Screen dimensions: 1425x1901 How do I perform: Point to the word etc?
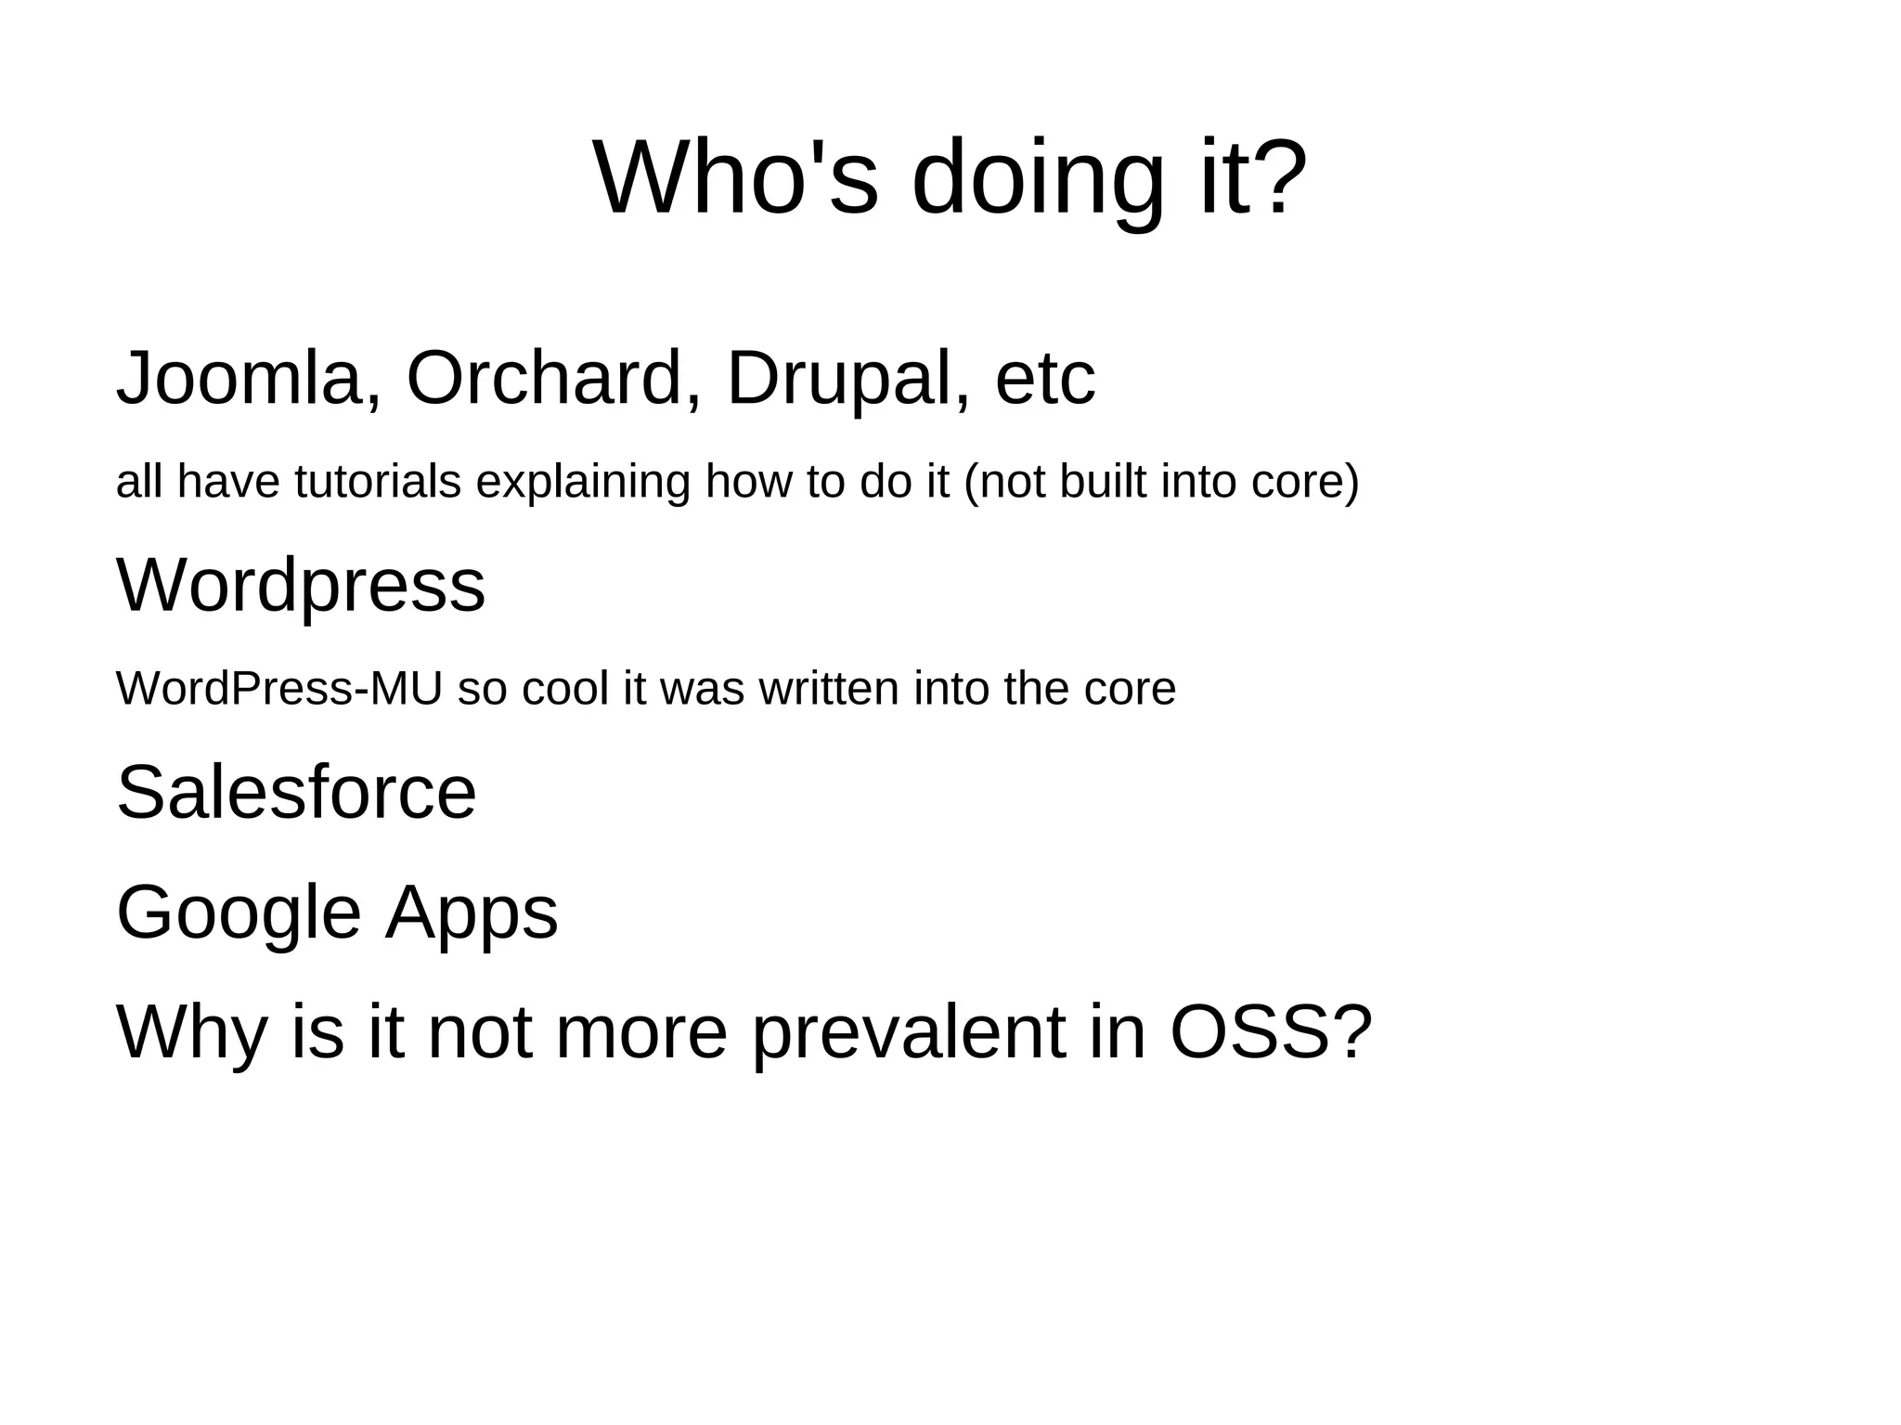(x=1045, y=379)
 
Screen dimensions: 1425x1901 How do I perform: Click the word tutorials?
(x=378, y=482)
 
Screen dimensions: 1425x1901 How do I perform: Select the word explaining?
(x=583, y=482)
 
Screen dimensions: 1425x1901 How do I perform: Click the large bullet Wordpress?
(x=301, y=586)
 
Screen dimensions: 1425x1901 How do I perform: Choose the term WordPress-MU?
(x=278, y=689)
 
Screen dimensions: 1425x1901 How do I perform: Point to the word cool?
(x=564, y=689)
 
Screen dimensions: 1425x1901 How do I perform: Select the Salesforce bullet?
(x=296, y=793)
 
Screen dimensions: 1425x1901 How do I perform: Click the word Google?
(x=239, y=913)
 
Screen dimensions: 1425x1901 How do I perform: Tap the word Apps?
(x=472, y=913)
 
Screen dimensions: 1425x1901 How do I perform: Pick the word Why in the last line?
(x=191, y=1032)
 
